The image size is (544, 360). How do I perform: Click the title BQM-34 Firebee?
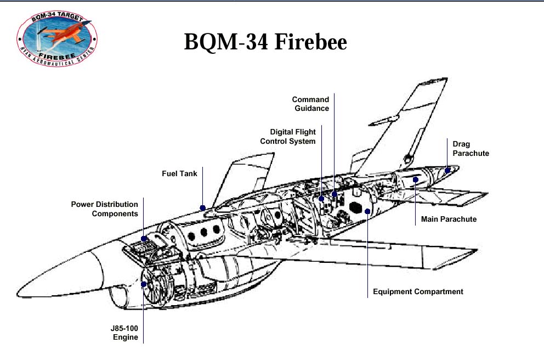[x=265, y=42]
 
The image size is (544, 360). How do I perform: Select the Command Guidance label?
[x=310, y=104]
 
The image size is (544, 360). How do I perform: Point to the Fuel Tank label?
[x=179, y=173]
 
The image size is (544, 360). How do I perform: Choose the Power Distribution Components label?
[x=104, y=209]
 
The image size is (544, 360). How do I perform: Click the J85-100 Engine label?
[x=125, y=333]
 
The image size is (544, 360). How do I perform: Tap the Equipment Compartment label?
[x=418, y=291]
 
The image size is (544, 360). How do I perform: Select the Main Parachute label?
[x=449, y=219]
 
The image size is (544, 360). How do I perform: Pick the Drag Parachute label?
[x=471, y=149]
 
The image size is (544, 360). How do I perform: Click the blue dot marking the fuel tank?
[x=203, y=208]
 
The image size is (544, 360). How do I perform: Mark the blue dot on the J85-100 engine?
[x=144, y=284]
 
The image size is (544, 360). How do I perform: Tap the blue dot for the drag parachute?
[x=448, y=170]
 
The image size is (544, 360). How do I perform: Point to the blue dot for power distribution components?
[x=144, y=238]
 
